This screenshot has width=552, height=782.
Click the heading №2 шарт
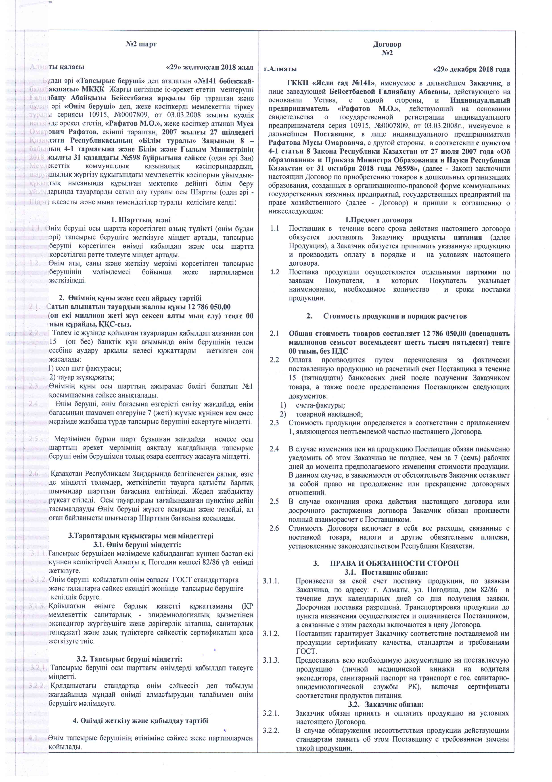[x=141, y=44]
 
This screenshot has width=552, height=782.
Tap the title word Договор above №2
[x=387, y=44]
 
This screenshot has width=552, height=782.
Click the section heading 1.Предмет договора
[x=378, y=220]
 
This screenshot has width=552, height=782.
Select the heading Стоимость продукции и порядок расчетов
[x=395, y=316]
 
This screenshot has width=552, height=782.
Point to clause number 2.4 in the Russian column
[x=274, y=449]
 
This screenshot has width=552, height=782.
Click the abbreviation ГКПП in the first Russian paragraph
[x=297, y=83]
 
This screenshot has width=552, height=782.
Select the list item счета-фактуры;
[x=320, y=405]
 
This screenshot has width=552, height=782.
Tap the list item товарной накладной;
[x=329, y=414]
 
